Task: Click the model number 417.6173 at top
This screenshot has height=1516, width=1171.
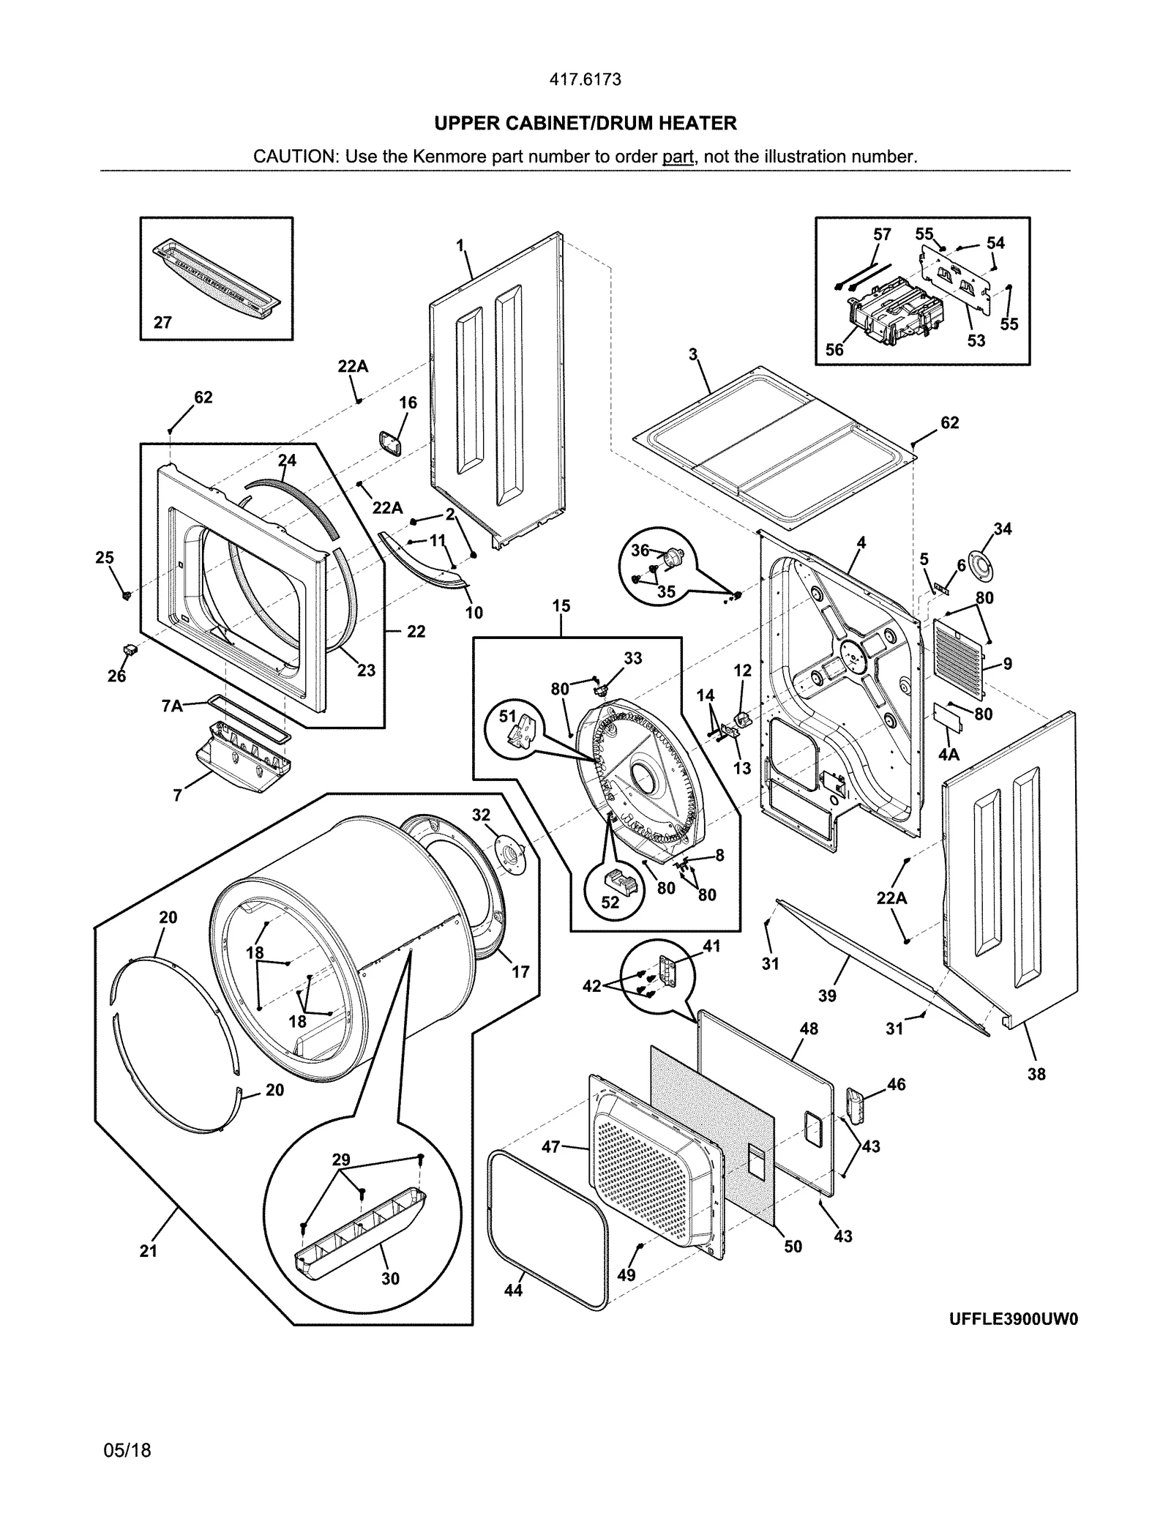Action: pos(585,80)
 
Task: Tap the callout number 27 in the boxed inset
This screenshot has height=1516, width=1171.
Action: pos(162,323)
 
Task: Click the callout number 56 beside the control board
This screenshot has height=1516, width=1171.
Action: pos(834,350)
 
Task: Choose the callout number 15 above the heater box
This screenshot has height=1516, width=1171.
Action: pos(561,606)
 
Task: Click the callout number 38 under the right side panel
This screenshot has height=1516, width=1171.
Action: pos(1036,1075)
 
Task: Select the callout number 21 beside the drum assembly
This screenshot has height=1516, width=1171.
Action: pos(149,1251)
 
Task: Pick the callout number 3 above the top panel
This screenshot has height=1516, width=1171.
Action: pos(692,355)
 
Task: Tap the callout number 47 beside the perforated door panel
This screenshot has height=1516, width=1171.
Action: pos(550,1147)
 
